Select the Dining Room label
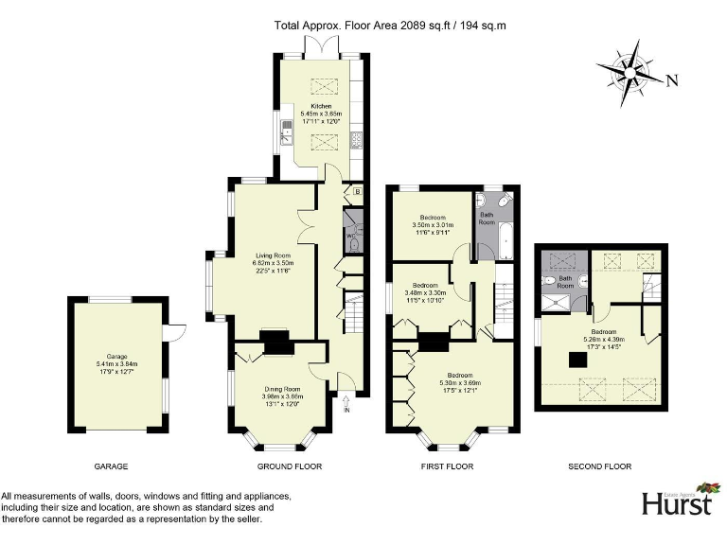point(281,389)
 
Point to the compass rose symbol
point(629,68)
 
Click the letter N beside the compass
point(673,80)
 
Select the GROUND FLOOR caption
point(290,466)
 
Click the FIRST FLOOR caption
point(447,466)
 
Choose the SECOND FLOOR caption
point(599,466)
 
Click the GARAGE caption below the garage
point(111,466)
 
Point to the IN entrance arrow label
point(346,410)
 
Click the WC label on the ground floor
point(349,236)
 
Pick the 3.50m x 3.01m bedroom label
point(433,225)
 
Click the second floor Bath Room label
point(565,281)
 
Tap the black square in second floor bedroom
point(576,359)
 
